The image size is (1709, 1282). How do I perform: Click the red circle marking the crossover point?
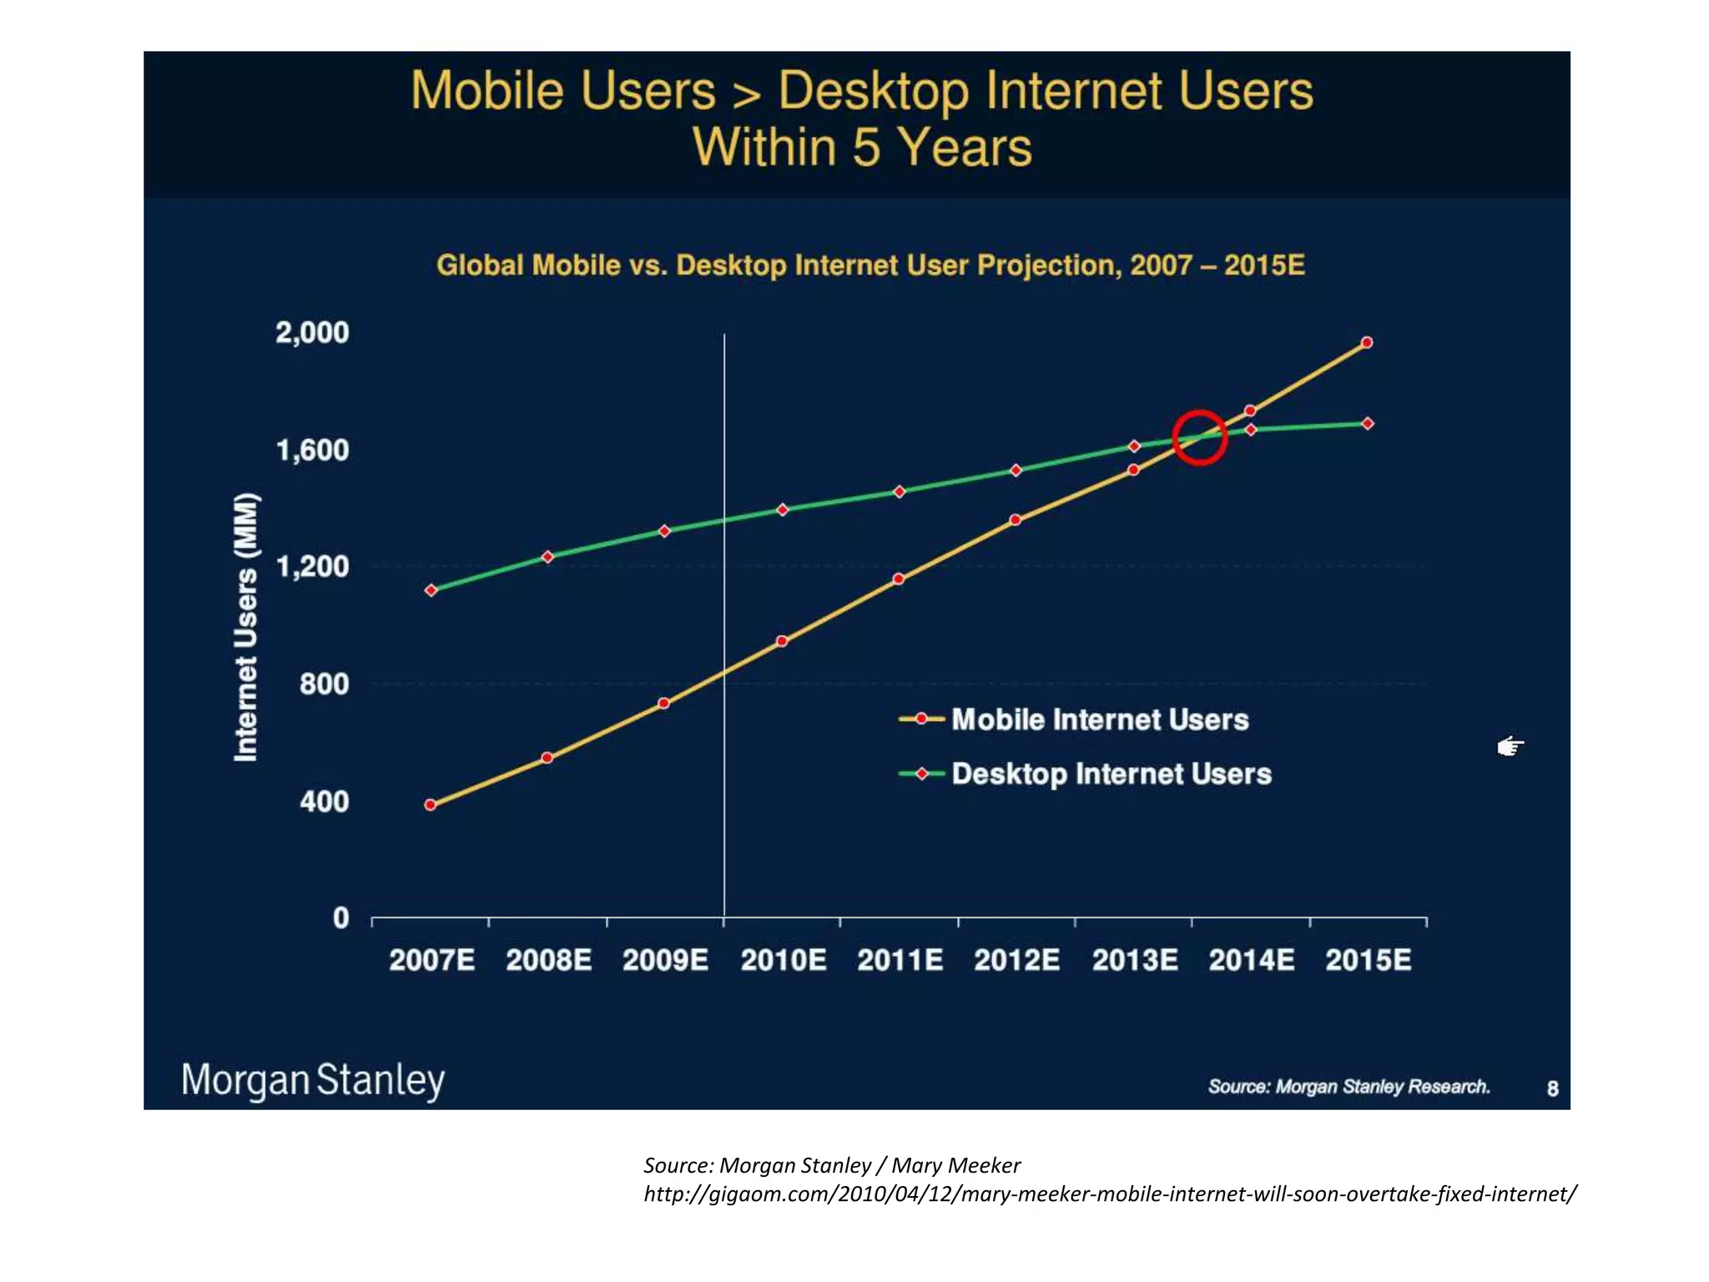click(1199, 437)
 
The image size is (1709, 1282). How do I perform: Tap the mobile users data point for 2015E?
click(1367, 342)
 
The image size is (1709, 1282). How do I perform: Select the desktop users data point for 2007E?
click(431, 590)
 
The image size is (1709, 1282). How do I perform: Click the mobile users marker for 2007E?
click(431, 805)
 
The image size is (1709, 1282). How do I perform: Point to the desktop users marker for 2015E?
click(1368, 423)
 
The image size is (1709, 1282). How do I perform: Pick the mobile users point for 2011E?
click(899, 578)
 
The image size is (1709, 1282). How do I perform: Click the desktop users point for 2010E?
click(782, 509)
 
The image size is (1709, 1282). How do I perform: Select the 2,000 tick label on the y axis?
click(312, 332)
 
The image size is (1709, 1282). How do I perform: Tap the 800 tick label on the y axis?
click(324, 684)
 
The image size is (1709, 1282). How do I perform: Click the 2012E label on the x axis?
click(1016, 960)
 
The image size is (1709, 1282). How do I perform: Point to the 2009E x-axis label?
click(665, 960)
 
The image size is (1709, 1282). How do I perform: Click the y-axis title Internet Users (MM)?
click(246, 627)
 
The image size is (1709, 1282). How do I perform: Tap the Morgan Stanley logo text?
click(313, 1080)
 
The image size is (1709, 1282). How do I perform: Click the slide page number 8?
click(1552, 1088)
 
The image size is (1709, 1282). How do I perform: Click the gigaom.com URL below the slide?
click(1109, 1194)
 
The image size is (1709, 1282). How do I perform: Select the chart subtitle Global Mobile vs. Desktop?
click(870, 265)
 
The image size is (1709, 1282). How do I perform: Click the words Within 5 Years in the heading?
click(862, 148)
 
